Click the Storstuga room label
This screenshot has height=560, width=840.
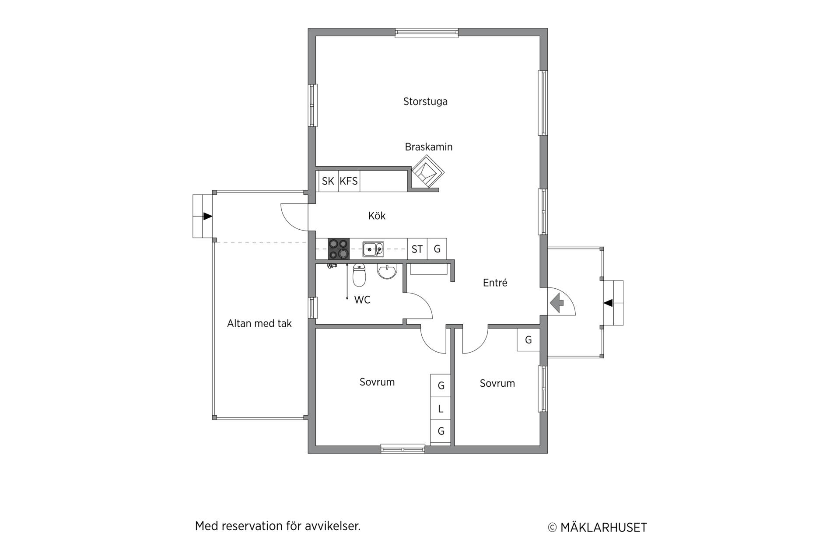point(425,102)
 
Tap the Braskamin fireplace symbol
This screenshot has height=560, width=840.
point(428,172)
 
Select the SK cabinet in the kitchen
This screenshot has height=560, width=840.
point(328,181)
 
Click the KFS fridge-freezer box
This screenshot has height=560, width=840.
point(349,181)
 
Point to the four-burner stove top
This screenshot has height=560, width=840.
point(339,249)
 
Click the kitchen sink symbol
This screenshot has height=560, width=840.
point(373,249)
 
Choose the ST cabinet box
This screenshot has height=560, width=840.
point(417,249)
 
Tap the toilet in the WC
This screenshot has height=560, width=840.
point(359,275)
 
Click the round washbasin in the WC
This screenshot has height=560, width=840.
point(387,271)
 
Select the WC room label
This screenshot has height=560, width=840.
point(362,300)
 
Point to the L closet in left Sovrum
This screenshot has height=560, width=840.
point(441,409)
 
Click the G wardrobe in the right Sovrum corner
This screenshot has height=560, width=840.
point(528,340)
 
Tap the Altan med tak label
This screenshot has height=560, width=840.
point(259,324)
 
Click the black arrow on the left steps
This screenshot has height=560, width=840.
point(208,216)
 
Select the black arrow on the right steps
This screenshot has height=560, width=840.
point(608,303)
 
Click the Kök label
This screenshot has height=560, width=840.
point(377,216)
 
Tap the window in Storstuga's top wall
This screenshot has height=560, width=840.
point(427,33)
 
